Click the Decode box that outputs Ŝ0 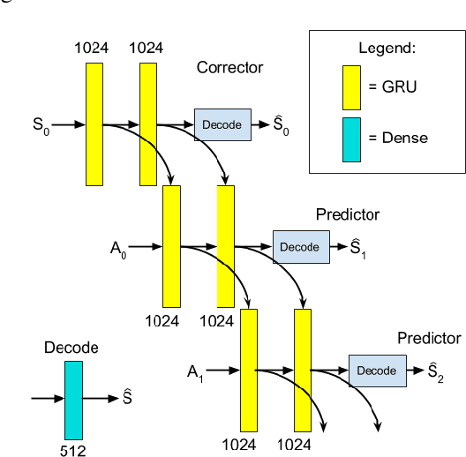coord(222,125)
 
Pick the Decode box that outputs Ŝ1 coord(300,247)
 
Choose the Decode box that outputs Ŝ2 coord(377,371)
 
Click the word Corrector coord(229,67)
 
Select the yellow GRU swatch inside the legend coord(350,86)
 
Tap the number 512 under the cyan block coord(73,448)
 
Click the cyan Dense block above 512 coord(73,399)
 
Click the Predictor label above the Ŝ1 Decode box coord(348,214)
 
